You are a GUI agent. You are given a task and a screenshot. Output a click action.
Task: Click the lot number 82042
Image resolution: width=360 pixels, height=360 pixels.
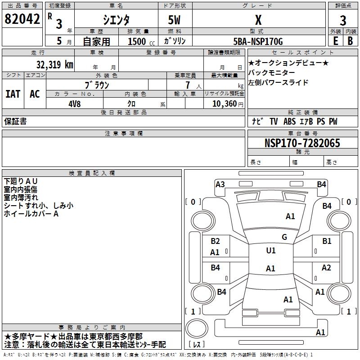pos(22,19)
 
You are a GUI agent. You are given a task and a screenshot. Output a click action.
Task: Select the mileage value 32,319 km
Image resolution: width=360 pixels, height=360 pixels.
pos(55,65)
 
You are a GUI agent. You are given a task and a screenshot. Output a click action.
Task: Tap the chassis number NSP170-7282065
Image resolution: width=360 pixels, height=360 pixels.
pos(302,143)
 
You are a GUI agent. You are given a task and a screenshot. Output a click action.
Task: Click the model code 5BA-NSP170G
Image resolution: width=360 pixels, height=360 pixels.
pos(258,41)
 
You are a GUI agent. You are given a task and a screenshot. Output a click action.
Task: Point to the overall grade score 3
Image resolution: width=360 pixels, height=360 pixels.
pos(343,21)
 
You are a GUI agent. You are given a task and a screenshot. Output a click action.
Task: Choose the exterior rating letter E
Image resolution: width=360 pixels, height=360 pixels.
pos(336,41)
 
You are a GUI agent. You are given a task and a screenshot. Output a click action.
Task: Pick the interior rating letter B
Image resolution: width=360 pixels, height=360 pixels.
pos(350,41)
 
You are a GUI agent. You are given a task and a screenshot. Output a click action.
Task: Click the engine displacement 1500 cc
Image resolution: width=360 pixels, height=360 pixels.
pos(141,41)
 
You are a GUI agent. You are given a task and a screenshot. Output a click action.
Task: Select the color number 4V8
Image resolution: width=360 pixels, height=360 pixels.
pos(75,104)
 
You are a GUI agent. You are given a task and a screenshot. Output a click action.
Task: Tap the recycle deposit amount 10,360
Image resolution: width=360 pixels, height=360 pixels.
pos(225,103)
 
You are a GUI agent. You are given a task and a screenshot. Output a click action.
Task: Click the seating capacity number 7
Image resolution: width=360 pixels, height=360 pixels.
pos(188,85)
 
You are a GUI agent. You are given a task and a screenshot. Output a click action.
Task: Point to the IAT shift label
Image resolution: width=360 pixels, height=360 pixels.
pos(13,94)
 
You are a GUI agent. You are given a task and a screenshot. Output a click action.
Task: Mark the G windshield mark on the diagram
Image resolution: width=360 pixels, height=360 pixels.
pos(284,237)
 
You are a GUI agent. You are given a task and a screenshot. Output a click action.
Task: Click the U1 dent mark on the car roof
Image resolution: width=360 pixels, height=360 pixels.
pos(271,250)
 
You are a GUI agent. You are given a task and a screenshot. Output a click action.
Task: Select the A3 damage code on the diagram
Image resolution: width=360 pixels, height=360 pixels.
pos(220,184)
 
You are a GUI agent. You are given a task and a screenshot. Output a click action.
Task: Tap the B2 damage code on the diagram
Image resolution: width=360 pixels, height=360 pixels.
pos(215,241)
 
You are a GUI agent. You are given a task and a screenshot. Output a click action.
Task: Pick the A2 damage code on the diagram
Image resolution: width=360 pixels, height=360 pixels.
pos(326,267)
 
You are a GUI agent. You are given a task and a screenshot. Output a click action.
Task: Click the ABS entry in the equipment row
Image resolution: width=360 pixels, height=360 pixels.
pos(289,121)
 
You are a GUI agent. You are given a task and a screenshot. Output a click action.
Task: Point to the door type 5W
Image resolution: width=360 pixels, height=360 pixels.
pos(174,20)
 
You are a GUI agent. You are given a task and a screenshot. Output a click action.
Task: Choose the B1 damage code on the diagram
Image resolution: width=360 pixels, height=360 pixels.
pos(327,241)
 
